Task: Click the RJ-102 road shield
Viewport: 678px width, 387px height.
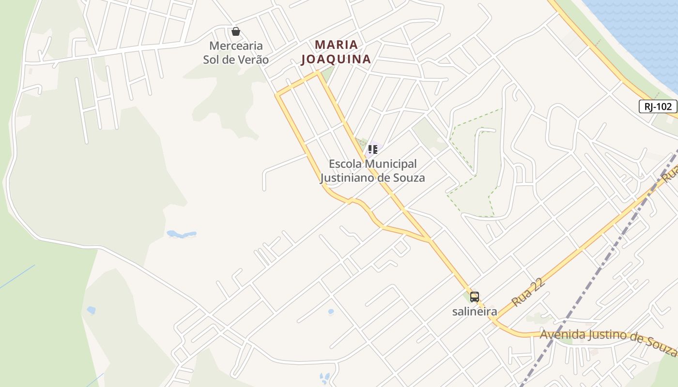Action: click(x=658, y=106)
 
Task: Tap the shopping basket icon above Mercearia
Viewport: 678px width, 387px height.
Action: click(x=236, y=31)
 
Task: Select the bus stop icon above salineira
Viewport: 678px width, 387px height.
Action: click(x=475, y=297)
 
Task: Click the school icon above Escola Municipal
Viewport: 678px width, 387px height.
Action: click(x=372, y=149)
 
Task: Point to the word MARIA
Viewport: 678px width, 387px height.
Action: click(x=337, y=45)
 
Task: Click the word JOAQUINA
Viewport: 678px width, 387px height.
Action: click(x=336, y=60)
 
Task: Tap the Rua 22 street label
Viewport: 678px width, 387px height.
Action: click(x=528, y=292)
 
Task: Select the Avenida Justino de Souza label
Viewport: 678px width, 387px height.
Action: click(x=608, y=338)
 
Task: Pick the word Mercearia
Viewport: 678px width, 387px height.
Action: click(x=236, y=46)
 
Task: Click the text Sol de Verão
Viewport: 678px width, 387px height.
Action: click(x=236, y=60)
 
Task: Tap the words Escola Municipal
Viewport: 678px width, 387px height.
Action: click(x=372, y=164)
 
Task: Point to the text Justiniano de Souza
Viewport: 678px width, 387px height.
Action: click(x=372, y=178)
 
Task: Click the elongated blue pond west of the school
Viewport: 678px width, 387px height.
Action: click(x=181, y=234)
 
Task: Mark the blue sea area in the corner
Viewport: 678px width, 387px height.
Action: click(x=639, y=29)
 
